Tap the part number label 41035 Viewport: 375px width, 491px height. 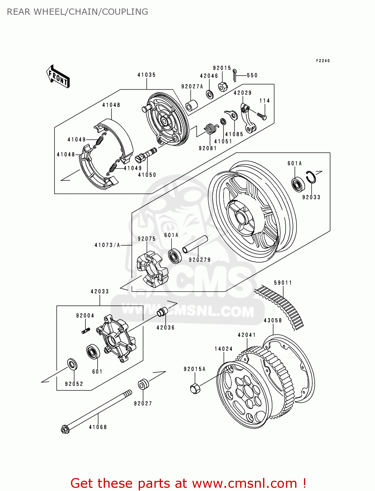[x=146, y=75]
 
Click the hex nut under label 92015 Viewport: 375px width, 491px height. [x=223, y=87]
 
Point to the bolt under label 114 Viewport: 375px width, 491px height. [x=262, y=116]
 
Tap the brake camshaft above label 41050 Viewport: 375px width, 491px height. [x=147, y=155]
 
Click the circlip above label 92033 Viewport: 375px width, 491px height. [x=311, y=177]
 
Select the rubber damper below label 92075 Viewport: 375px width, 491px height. [x=152, y=269]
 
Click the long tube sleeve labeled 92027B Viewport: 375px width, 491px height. [x=195, y=244]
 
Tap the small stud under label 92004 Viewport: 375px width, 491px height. [x=86, y=331]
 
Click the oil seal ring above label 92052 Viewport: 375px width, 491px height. [x=72, y=364]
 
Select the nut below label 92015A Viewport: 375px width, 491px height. [x=195, y=388]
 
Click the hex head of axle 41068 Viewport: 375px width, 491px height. [x=65, y=429]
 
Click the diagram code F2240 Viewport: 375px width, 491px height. [x=323, y=61]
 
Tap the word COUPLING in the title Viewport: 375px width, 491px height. [x=125, y=12]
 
